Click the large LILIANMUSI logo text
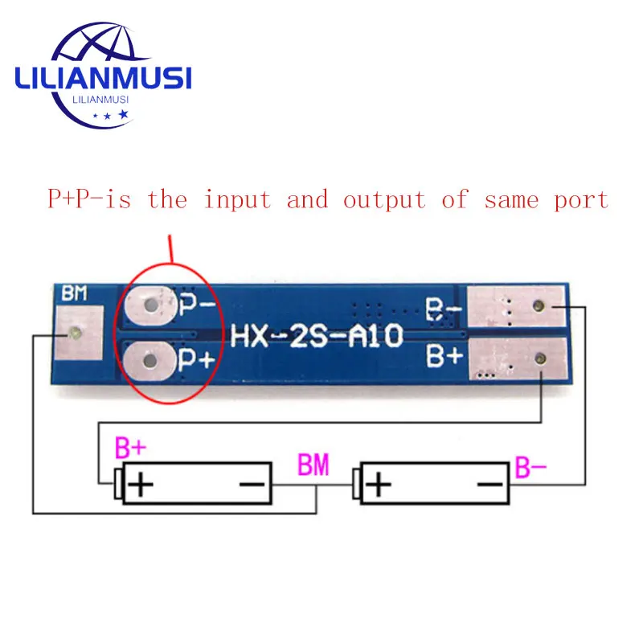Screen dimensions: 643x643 point(103,78)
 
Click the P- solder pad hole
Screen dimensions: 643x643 point(151,306)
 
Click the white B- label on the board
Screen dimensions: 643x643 point(443,309)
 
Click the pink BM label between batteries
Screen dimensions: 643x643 point(313,465)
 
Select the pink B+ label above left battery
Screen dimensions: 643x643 point(131,448)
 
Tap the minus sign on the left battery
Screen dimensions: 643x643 point(252,485)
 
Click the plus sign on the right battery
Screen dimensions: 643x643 point(379,485)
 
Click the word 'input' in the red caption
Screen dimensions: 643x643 point(237,199)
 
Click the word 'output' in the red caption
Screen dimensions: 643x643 point(384,199)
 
